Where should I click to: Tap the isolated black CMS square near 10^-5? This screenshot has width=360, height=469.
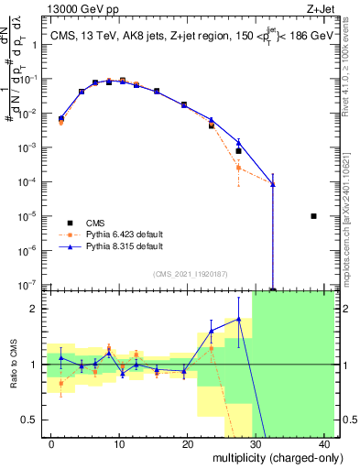(313, 216)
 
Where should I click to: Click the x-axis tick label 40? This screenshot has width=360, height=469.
(324, 444)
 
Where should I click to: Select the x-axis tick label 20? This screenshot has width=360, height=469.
(188, 444)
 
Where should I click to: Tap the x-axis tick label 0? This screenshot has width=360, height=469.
(50, 444)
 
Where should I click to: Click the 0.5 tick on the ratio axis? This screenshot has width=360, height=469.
(27, 420)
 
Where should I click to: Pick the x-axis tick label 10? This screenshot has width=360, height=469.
(119, 444)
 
